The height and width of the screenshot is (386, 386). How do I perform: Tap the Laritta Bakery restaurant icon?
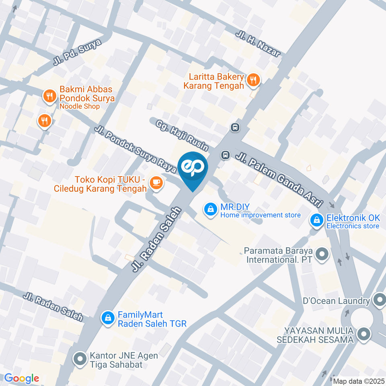[253, 80]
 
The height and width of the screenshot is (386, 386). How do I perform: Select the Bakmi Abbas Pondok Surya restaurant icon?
[49, 96]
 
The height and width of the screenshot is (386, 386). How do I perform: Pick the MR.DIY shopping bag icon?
[209, 209]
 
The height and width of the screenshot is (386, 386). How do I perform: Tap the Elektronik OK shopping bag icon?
[316, 220]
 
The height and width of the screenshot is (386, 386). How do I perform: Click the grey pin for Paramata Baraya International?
[321, 254]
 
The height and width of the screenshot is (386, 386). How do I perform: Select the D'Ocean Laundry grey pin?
[378, 300]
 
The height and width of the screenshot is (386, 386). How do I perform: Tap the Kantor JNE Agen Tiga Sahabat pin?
[80, 358]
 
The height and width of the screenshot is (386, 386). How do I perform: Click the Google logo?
[21, 378]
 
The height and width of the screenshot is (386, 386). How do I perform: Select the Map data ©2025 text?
[359, 381]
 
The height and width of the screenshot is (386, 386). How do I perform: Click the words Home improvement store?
[260, 215]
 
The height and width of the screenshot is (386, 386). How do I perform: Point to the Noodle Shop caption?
[80, 107]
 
